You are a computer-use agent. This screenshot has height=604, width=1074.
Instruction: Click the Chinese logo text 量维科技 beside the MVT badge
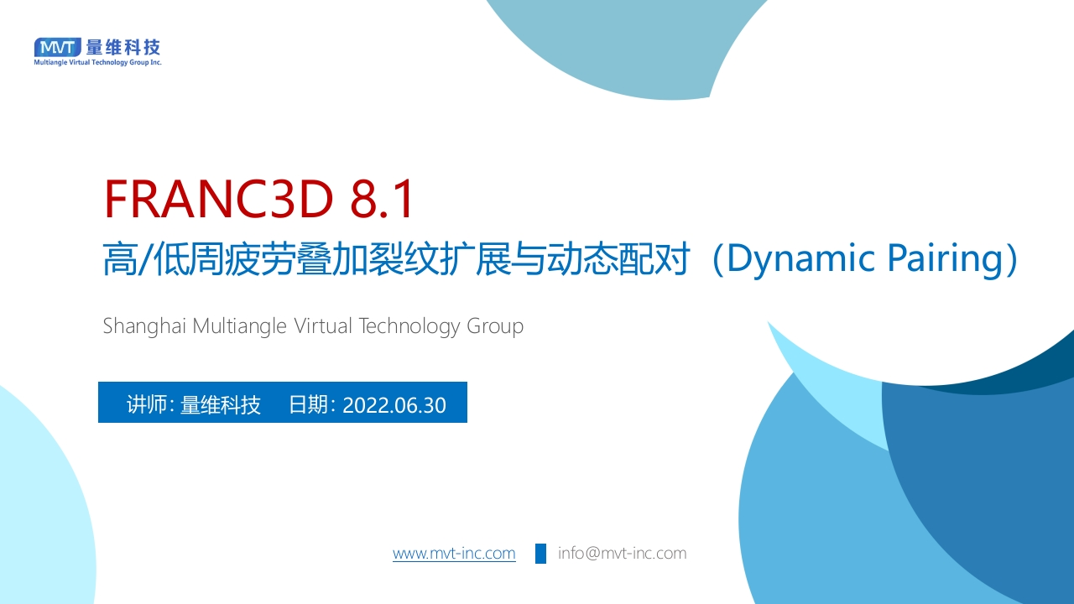(123, 47)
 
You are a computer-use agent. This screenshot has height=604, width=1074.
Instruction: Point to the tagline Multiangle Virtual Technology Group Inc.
(98, 62)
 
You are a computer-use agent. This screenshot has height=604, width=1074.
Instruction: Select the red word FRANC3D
(219, 199)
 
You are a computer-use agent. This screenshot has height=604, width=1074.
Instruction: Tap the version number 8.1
(381, 199)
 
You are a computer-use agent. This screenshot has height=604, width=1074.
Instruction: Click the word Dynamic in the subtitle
(801, 259)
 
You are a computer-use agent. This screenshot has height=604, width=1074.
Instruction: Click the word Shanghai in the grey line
(144, 327)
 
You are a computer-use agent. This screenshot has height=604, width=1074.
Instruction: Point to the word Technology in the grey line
(409, 327)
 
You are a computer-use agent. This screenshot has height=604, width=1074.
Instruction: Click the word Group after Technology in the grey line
(495, 327)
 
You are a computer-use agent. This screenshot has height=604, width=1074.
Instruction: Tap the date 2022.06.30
(394, 405)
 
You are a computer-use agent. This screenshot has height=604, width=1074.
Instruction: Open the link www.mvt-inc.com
(454, 553)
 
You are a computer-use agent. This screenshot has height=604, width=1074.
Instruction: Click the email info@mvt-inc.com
(623, 553)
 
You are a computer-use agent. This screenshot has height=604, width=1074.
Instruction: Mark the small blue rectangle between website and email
(541, 554)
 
